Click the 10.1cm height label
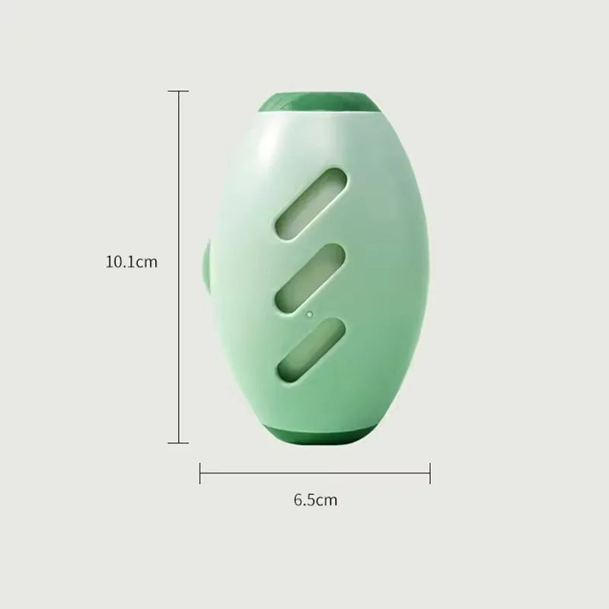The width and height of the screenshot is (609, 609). (x=131, y=262)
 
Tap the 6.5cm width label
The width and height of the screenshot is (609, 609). (x=314, y=500)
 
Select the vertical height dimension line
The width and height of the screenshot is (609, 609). (x=178, y=266)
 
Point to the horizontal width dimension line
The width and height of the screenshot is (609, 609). (x=314, y=473)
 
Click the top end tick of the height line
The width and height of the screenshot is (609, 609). (x=178, y=91)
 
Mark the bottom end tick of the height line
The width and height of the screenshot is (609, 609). (x=178, y=442)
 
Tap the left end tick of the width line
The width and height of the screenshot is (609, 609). (x=200, y=473)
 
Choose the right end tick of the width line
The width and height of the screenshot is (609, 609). (x=430, y=473)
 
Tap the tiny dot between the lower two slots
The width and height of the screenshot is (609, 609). (x=308, y=313)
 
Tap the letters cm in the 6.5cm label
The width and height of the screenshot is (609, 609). (x=327, y=500)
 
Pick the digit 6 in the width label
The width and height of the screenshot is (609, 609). (x=298, y=500)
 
